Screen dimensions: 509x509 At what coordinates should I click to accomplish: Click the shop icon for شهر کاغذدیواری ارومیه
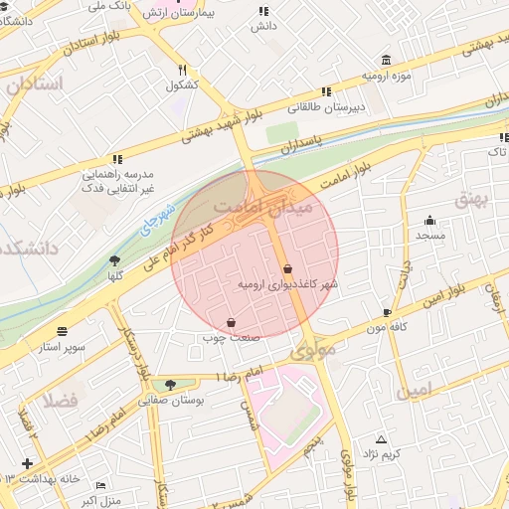pos(287,268)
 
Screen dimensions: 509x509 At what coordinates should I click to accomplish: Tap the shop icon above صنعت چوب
pos(232,322)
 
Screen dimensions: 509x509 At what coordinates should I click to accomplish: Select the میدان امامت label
pos(262,206)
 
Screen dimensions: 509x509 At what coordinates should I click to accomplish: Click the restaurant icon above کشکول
pos(182,71)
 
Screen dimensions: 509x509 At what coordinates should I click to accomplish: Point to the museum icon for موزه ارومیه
pos(387,60)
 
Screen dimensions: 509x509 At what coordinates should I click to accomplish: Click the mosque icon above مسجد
pos(429,221)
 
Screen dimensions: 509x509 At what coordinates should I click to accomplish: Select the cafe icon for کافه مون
pos(387,312)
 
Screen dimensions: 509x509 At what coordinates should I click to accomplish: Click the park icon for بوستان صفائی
pos(172,384)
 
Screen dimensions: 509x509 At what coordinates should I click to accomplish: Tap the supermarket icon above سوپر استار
pos(64,332)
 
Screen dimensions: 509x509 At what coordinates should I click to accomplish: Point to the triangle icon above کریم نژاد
pos(381,438)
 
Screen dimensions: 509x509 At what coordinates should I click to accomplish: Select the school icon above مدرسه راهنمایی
pos(118,158)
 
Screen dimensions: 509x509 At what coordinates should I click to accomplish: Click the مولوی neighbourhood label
pos(314,352)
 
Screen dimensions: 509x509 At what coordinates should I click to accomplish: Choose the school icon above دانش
pos(263,11)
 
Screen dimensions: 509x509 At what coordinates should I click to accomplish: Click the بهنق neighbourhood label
pos(473,199)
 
